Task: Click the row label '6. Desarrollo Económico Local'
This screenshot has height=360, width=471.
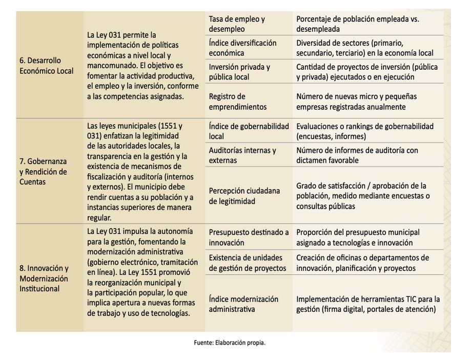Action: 47,66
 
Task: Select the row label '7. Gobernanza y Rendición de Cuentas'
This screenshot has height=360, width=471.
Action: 43,171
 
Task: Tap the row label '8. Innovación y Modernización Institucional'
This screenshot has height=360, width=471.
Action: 44,278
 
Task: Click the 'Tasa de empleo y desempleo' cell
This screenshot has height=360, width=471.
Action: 237,24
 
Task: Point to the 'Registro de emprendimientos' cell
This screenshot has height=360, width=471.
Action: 237,102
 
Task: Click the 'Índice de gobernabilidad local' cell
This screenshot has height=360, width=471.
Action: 249,131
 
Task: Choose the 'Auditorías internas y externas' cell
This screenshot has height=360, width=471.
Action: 242,155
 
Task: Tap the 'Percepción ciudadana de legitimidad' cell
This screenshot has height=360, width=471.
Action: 244,196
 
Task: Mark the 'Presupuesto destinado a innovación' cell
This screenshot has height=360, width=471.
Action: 248,237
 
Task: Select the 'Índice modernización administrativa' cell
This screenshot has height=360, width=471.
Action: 243,304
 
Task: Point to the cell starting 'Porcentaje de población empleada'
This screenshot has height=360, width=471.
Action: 357,24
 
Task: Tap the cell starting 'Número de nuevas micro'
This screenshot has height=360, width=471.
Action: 356,102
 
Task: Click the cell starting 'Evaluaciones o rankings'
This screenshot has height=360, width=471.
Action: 364,131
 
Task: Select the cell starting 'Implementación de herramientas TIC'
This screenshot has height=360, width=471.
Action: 367,304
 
